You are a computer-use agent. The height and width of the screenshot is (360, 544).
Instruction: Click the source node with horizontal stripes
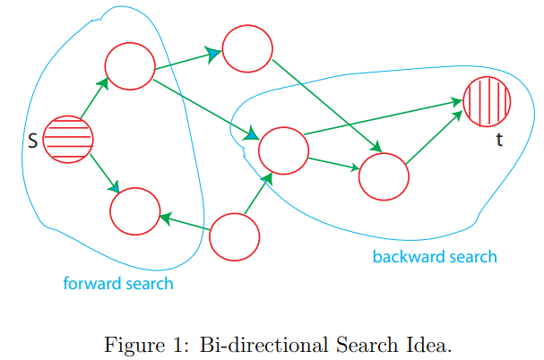tap(68, 139)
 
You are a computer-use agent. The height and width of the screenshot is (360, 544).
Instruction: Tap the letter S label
tap(32, 141)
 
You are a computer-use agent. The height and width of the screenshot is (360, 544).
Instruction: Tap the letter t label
tap(498, 141)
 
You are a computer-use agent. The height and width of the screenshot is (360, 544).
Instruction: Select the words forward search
tap(117, 284)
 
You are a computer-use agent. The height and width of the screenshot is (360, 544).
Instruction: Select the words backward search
tap(434, 257)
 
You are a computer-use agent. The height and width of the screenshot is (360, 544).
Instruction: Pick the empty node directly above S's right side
tap(130, 64)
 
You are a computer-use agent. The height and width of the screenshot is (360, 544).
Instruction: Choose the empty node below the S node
tap(134, 211)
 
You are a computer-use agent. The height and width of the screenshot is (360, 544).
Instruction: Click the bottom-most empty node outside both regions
tap(235, 236)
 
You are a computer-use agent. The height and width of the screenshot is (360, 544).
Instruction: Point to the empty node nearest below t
tap(384, 176)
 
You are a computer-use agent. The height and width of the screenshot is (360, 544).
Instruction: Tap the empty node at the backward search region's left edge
tap(283, 150)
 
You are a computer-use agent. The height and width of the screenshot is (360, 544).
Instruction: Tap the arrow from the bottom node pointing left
tap(186, 224)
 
